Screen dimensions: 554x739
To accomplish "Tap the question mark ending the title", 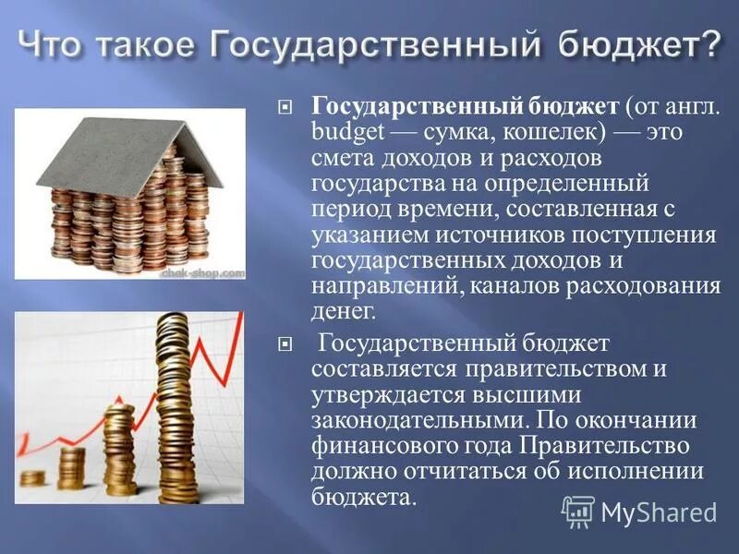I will click(x=706, y=43).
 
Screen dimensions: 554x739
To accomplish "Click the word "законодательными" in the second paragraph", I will click(x=418, y=421).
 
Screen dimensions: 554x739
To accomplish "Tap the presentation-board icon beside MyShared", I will click(x=578, y=512).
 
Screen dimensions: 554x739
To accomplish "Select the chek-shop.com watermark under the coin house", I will click(x=203, y=273).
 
